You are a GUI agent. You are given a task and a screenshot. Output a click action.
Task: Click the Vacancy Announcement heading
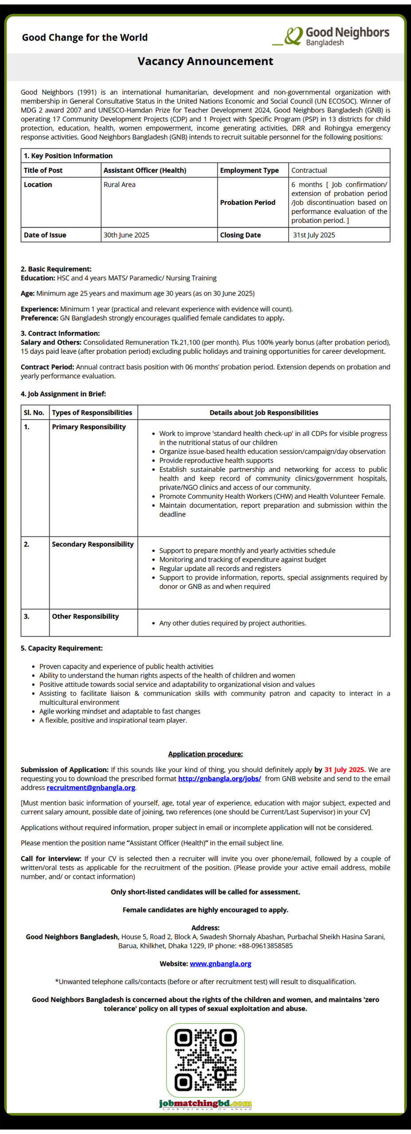tap(205, 61)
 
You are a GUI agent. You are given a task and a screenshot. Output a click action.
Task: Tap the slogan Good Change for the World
tap(85, 38)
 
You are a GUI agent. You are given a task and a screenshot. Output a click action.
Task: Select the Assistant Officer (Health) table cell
tap(145, 170)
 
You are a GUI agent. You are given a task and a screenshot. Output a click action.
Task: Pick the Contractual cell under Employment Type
tap(309, 170)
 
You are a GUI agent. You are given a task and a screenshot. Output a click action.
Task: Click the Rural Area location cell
tap(120, 185)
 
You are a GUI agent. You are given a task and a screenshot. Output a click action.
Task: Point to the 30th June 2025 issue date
tap(126, 235)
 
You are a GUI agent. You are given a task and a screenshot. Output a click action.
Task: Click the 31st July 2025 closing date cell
tap(314, 235)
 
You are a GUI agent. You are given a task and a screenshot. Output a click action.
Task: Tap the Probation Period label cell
tap(247, 202)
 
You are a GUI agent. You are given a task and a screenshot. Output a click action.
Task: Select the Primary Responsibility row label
tap(89, 427)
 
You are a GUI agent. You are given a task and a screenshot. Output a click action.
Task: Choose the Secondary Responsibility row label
tap(93, 544)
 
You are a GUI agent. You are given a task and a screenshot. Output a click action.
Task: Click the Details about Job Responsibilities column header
tap(264, 412)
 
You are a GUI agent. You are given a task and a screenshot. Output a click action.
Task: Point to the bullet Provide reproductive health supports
tap(216, 460)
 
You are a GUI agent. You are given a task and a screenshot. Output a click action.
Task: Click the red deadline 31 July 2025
tap(344, 769)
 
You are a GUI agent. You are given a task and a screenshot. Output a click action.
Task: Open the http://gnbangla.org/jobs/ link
tap(219, 778)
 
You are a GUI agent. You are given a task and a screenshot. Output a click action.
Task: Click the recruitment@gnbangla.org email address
tap(91, 787)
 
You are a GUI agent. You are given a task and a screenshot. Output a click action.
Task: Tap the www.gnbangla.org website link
tap(220, 963)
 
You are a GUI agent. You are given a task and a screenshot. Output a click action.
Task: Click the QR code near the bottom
tap(205, 1060)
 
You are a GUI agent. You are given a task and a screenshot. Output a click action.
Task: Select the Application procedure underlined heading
tap(205, 754)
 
